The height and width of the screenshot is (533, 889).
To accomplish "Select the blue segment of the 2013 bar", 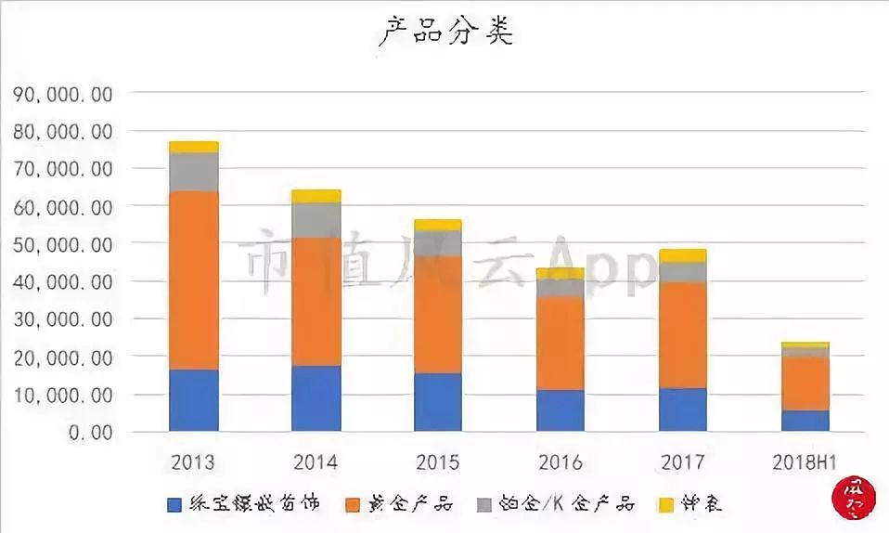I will tap(194, 400).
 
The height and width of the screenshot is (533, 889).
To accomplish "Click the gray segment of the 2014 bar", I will tap(316, 219).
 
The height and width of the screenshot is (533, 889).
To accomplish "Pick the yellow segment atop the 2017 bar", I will tap(682, 255).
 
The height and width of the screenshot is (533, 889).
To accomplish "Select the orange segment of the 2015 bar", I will tap(438, 315).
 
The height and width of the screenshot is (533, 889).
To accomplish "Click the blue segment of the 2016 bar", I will tap(560, 410).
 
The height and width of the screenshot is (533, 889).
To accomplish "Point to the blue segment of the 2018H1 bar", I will tap(805, 421).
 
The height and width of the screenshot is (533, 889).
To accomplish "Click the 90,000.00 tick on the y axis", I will tap(63, 94).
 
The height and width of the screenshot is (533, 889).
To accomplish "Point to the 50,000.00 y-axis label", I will tap(63, 244).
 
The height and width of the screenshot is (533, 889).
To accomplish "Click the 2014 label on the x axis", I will tap(316, 462).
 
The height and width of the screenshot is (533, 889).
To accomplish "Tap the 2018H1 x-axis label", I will tap(805, 462).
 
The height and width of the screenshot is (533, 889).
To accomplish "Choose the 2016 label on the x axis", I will tap(560, 462).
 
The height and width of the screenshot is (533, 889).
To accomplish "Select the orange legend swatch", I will tap(353, 505).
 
